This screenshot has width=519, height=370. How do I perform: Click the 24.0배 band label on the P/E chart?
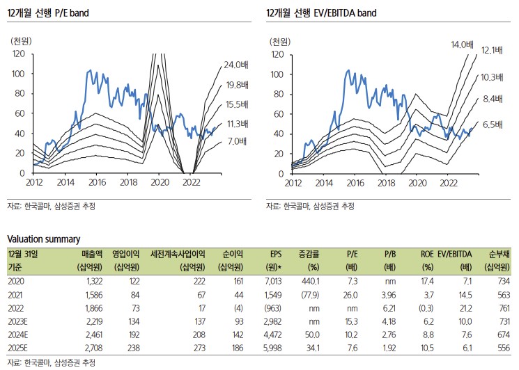coord(236,65)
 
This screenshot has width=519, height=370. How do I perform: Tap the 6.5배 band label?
coord(493,124)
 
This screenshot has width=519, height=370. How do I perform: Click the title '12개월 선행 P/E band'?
coord(48,13)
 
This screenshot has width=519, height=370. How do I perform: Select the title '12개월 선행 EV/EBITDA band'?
coord(321,13)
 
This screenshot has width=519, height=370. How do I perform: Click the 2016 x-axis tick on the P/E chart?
coord(98,182)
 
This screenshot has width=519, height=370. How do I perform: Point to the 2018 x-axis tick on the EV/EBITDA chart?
coord(386,182)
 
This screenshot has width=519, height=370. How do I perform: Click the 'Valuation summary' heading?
coord(43,239)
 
